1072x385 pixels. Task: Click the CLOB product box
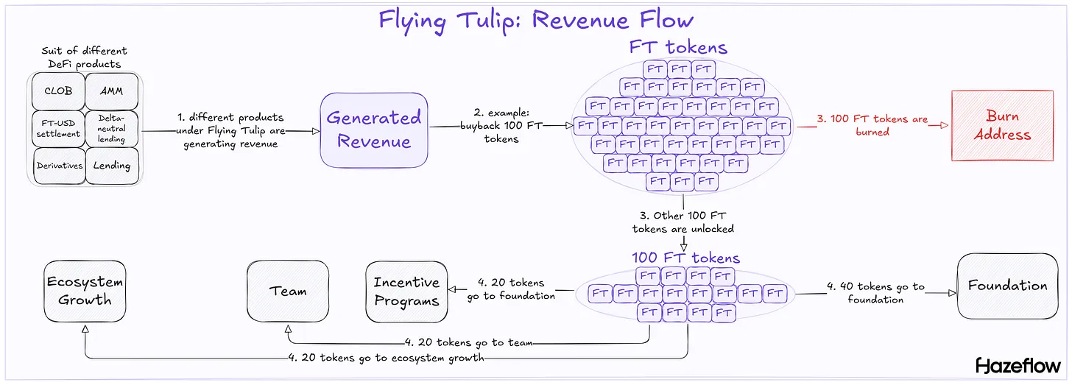pos(59,91)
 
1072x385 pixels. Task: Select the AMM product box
pos(112,91)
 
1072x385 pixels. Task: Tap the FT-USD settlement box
pos(59,128)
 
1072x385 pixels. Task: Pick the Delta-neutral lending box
pos(112,128)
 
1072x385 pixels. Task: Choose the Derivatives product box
pos(59,166)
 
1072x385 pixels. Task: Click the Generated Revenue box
pos(374,130)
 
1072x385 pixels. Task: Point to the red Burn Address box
pos(1002,126)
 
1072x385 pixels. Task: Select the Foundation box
pos(1007,286)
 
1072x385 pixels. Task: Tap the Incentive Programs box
pos(406,292)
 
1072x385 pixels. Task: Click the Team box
pos(288,291)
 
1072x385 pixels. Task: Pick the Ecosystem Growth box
pos(85,291)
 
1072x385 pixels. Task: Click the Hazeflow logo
pos(1018,365)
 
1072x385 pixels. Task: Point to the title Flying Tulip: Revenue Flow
pos(536,19)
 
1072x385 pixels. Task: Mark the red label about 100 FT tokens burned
pos(873,125)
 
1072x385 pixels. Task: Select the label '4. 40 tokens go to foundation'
pos(875,293)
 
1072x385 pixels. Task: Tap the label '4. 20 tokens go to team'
pos(468,342)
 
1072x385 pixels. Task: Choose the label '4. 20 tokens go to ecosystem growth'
pos(387,358)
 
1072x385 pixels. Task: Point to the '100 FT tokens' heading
pos(685,258)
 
